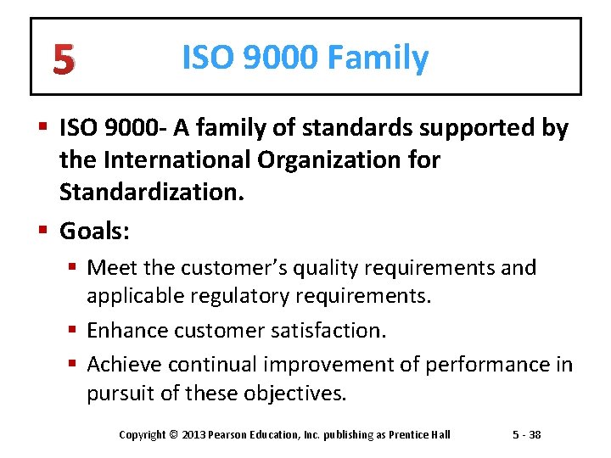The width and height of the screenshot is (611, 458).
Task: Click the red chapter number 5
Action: pos(62,59)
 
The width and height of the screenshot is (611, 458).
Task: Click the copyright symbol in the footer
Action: pos(174,435)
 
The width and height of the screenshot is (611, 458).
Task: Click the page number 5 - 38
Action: pos(527,435)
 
